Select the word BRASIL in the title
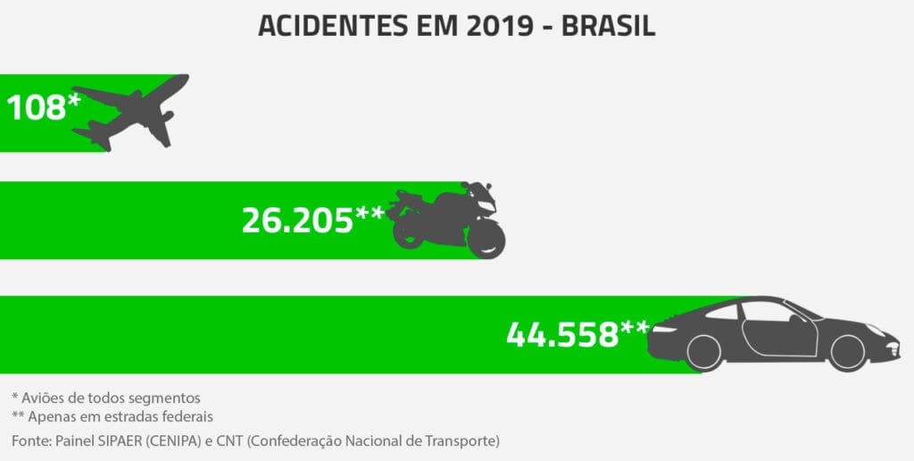pyautogui.click(x=609, y=26)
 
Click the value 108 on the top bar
pyautogui.click(x=36, y=108)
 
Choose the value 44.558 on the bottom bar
pyautogui.click(x=562, y=334)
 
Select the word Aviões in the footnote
pyautogui.click(x=43, y=397)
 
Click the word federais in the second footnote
pyautogui.click(x=189, y=416)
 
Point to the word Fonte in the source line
pyautogui.click(x=30, y=440)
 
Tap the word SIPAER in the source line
pyautogui.click(x=119, y=440)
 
